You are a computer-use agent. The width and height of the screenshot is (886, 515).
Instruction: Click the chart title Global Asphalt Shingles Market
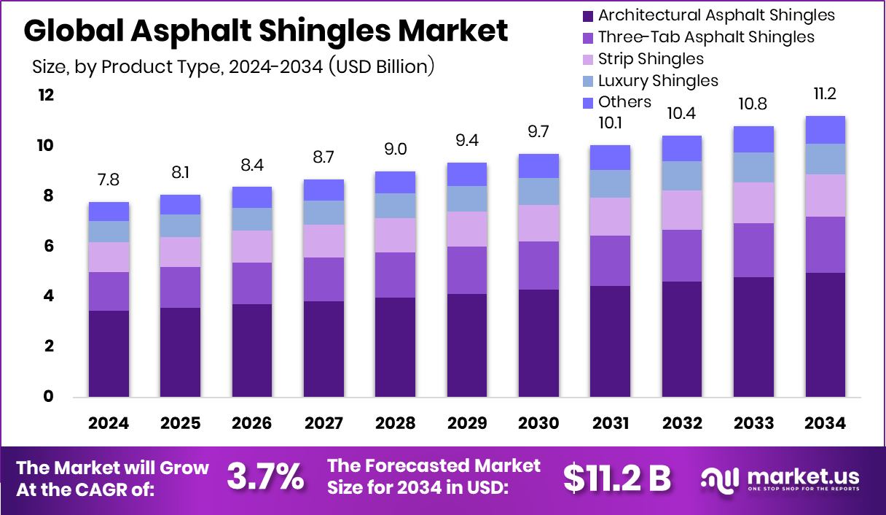[266, 31]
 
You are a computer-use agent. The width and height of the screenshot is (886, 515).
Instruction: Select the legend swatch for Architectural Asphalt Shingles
[587, 15]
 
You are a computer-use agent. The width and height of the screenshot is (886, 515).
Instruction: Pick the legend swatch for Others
[587, 102]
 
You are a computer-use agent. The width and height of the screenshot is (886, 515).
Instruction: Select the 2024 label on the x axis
[109, 424]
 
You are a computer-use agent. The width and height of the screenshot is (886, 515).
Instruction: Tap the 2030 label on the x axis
[538, 424]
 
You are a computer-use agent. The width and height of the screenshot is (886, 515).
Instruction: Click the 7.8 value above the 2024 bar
[109, 179]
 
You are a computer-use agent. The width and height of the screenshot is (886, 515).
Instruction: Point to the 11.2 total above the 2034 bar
[825, 93]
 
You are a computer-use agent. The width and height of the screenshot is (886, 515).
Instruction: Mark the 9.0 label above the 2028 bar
[395, 149]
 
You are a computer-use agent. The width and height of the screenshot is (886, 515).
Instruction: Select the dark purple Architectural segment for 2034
[825, 335]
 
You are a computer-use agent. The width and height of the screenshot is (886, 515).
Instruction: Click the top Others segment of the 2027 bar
[324, 190]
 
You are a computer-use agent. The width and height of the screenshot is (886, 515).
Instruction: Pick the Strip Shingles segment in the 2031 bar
[610, 217]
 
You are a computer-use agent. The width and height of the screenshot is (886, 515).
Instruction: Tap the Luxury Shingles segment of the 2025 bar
[180, 225]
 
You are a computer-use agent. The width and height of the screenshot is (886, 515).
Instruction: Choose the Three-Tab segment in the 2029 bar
[466, 270]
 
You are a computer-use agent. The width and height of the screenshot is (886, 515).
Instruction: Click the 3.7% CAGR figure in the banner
[265, 477]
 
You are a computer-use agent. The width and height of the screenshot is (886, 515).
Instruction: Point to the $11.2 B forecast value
[616, 478]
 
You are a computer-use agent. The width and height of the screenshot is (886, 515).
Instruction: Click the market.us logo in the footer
[780, 479]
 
